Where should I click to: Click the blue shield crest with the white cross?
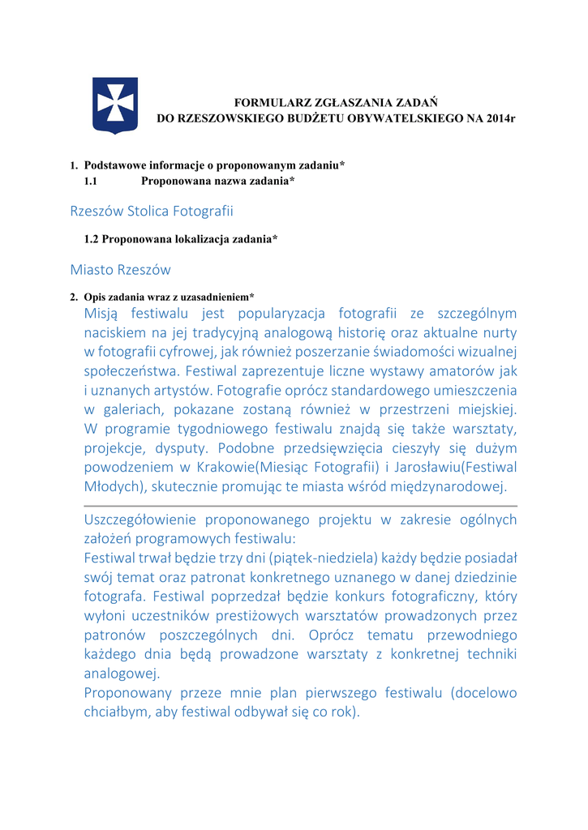pos(115,105)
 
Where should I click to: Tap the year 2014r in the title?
pos(501,118)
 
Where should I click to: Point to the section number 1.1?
pos(91,181)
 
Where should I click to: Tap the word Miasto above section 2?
pos(92,269)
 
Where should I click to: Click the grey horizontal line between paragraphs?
pos(300,505)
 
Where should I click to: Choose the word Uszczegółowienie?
pos(139,520)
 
